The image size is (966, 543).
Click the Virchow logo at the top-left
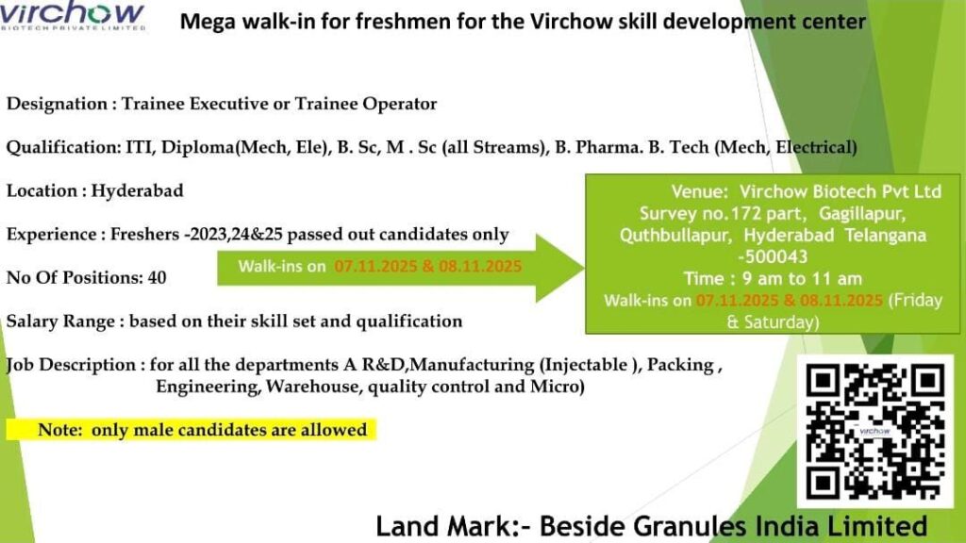73,16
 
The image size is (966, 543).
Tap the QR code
874,432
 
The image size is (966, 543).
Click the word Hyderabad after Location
138,190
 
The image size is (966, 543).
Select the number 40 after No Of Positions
158,278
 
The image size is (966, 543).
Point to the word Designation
57,104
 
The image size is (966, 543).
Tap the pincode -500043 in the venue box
773,256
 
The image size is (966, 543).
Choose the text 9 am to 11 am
802,278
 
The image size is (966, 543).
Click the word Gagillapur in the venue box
862,214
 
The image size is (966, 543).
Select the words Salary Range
61,321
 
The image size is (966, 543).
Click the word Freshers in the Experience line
144,235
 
